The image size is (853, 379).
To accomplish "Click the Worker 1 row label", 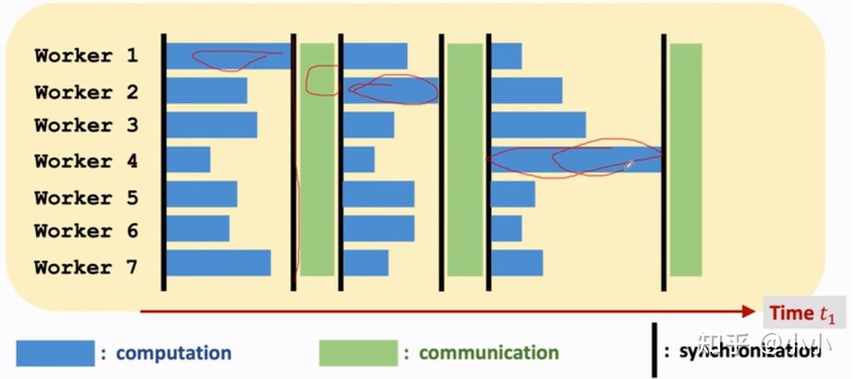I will click(86, 56).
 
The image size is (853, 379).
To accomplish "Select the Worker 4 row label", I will click(86, 161).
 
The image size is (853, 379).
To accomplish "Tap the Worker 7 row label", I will click(86, 267).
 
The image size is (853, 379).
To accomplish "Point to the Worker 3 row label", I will click(86, 126).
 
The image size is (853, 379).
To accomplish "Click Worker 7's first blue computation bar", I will click(219, 263).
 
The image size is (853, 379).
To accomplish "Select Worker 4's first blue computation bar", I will click(188, 159).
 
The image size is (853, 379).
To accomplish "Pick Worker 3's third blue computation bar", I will click(538, 125).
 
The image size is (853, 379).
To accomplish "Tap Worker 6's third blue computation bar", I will click(506, 228).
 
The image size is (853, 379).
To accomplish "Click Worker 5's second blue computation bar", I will click(378, 194).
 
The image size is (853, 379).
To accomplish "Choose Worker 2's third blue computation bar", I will click(526, 90).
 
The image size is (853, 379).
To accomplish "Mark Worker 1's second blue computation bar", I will click(375, 56).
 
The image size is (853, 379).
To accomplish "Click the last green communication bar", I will click(686, 159).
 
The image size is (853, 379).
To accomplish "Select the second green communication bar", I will click(465, 159).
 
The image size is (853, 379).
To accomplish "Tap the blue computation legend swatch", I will click(55, 353).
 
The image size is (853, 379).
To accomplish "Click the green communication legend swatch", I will click(358, 353).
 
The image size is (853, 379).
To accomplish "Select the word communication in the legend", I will click(488, 353).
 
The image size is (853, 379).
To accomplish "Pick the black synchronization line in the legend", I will click(655, 350).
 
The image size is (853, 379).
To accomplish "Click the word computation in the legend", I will click(174, 353).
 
